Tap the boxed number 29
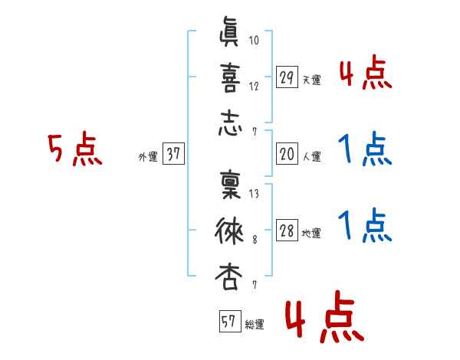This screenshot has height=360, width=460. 287,77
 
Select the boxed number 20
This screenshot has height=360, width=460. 287,153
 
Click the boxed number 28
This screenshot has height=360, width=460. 287,231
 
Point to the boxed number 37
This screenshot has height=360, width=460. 173,154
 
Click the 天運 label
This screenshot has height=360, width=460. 311,80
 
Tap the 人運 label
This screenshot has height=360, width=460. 311,156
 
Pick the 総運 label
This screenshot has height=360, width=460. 255,324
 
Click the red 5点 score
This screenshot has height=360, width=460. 74,149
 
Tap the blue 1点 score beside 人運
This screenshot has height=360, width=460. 364,149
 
